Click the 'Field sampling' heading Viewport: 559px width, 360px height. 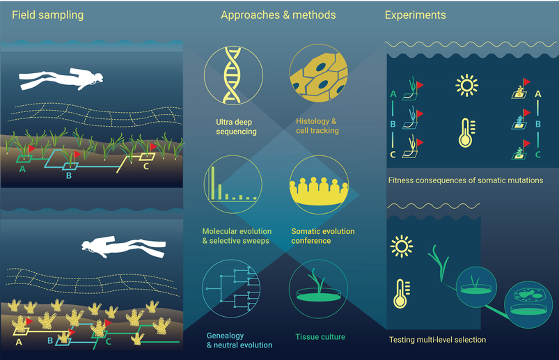[48, 15]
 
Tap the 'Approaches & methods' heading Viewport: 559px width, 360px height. [278, 15]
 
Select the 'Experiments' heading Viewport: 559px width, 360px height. [416, 15]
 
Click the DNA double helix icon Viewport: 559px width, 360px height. [232, 76]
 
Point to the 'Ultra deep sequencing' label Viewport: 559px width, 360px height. [236, 127]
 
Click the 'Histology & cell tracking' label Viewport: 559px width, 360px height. [317, 126]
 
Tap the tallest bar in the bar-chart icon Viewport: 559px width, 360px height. [212, 183]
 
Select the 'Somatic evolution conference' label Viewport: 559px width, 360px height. [322, 236]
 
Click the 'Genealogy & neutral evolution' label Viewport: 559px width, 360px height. [239, 340]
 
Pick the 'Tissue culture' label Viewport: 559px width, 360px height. [320, 337]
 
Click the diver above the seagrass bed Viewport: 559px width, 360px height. [61, 79]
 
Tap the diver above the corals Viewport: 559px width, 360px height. [123, 246]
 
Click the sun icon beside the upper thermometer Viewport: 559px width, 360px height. [466, 86]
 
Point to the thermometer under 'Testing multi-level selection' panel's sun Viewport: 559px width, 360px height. [402, 293]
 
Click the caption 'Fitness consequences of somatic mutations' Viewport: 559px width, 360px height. [466, 180]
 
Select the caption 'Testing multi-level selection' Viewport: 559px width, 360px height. [437, 340]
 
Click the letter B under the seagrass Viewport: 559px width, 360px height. [69, 175]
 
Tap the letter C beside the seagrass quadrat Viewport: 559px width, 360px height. [146, 166]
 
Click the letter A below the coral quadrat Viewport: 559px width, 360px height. [19, 342]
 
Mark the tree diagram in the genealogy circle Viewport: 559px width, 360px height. [233, 288]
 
